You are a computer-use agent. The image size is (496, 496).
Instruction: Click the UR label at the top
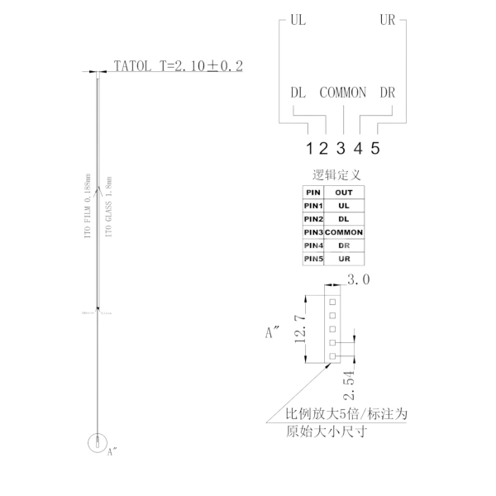click(387, 19)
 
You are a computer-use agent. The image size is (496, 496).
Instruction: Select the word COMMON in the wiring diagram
click(342, 93)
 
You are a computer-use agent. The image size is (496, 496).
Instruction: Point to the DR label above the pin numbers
click(387, 93)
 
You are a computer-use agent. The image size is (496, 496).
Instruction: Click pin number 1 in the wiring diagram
click(308, 150)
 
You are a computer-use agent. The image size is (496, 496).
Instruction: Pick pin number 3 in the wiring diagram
click(341, 150)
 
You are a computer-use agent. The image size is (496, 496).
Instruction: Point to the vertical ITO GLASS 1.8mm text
click(109, 207)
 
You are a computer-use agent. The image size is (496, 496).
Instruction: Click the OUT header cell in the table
click(344, 192)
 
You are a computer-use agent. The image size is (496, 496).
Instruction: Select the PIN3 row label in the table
click(313, 232)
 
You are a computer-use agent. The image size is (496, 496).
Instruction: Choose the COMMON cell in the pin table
click(344, 232)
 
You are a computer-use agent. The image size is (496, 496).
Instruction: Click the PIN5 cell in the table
click(313, 259)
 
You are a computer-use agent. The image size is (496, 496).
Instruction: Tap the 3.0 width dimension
click(358, 280)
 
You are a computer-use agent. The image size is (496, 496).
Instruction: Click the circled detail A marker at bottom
click(98, 442)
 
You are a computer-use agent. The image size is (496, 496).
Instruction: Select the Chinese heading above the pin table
click(336, 176)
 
